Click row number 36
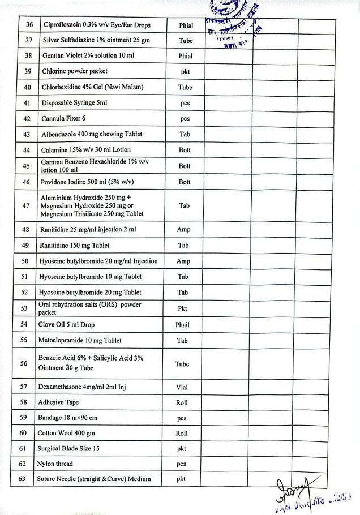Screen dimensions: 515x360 [30, 25]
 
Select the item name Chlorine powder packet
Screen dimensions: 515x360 [74, 71]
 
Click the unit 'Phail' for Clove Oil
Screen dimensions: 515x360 [182, 325]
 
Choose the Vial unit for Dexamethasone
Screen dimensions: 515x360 [182, 388]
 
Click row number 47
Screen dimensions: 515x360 [26, 206]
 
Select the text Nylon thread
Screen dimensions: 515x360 [55, 464]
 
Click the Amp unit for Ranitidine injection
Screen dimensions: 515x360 [183, 230]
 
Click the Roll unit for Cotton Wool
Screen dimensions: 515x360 [182, 434]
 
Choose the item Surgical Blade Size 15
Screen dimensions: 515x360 [68, 449]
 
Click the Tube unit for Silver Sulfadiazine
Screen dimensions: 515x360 [186, 41]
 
